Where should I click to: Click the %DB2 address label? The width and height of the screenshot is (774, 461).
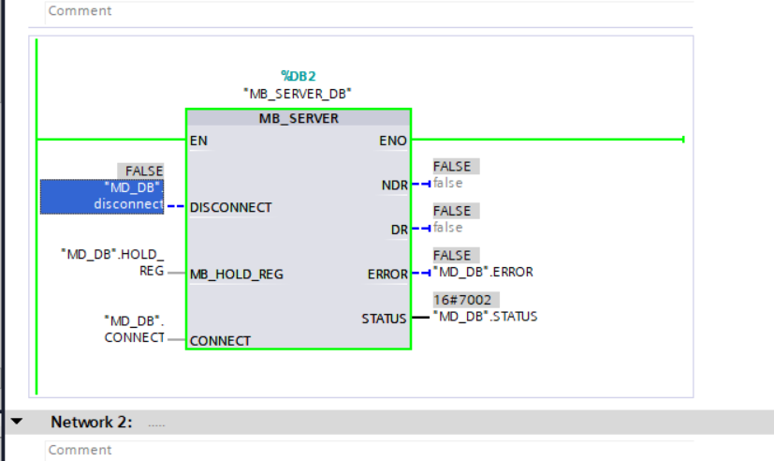pyautogui.click(x=299, y=76)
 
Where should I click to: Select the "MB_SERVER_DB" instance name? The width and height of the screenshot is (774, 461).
pyautogui.click(x=299, y=93)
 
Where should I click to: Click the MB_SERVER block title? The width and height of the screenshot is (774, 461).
pyautogui.click(x=299, y=119)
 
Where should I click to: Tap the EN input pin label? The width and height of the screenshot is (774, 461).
pyautogui.click(x=198, y=141)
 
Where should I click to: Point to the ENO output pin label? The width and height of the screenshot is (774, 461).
pyautogui.click(x=393, y=141)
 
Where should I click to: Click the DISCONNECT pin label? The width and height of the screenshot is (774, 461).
pyautogui.click(x=230, y=207)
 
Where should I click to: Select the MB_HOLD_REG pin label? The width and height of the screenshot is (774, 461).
pyautogui.click(x=236, y=275)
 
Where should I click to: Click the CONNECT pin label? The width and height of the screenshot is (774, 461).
pyautogui.click(x=220, y=341)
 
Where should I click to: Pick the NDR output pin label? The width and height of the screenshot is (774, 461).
pyautogui.click(x=396, y=186)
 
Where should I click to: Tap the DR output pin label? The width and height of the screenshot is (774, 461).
pyautogui.click(x=400, y=230)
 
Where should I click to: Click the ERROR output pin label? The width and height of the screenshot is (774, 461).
pyautogui.click(x=387, y=275)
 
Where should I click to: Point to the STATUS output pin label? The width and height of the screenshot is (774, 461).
pyautogui.click(x=384, y=319)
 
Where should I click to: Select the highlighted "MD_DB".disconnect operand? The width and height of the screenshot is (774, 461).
pyautogui.click(x=102, y=196)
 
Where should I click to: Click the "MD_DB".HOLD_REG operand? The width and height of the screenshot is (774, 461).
pyautogui.click(x=112, y=261)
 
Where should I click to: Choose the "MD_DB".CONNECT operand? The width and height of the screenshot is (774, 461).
pyautogui.click(x=134, y=328)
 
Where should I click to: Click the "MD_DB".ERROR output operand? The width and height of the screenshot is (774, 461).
pyautogui.click(x=482, y=273)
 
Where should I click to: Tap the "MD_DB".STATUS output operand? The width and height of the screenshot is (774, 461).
pyautogui.click(x=485, y=317)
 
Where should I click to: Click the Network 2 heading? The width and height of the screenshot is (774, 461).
pyautogui.click(x=92, y=423)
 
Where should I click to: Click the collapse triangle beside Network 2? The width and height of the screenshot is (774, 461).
pyautogui.click(x=16, y=423)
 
